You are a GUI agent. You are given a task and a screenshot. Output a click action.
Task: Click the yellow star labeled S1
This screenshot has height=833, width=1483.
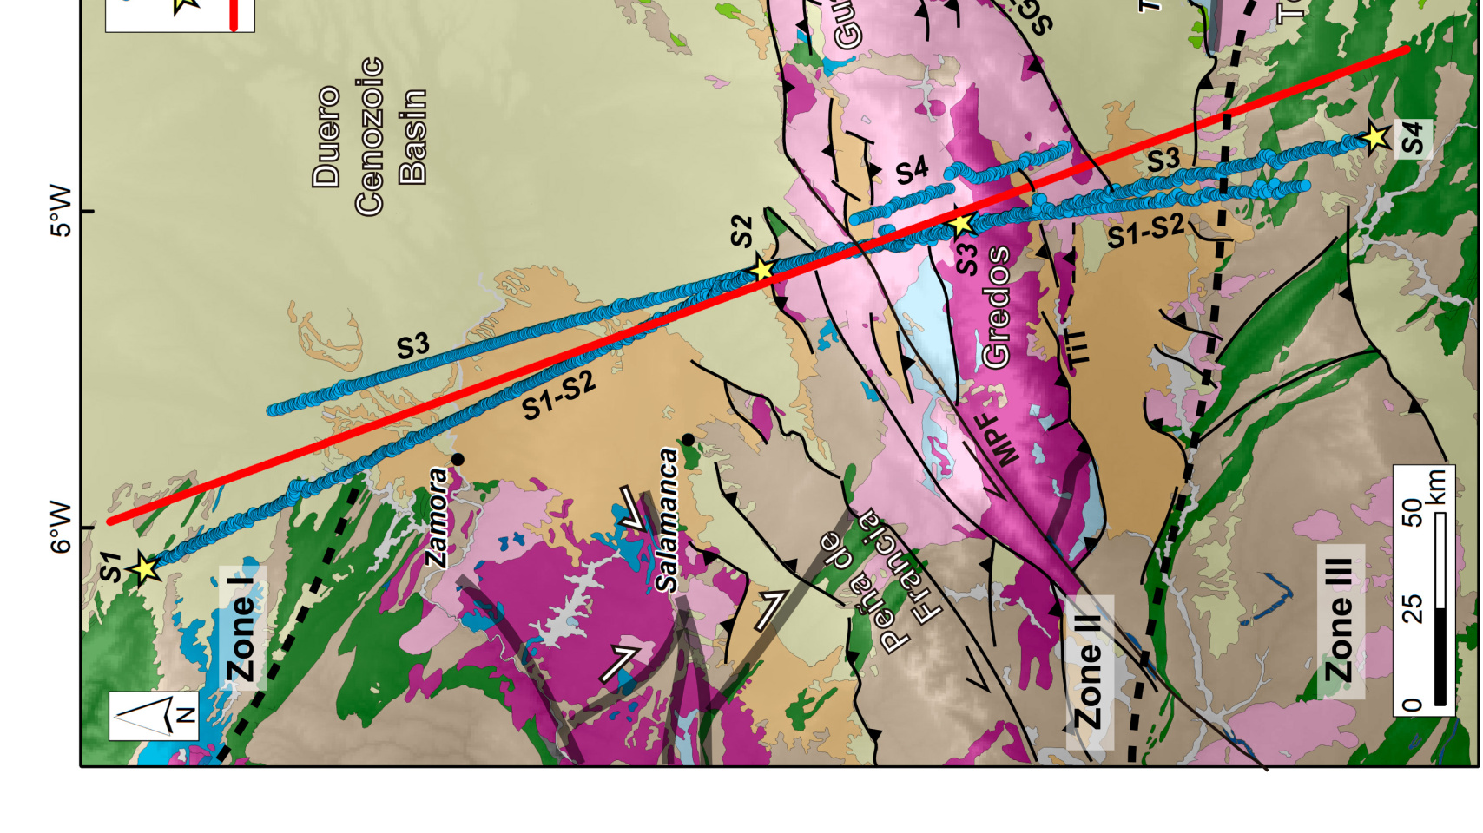click(x=145, y=569)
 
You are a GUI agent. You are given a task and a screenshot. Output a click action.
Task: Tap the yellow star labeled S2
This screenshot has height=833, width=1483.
click(x=761, y=270)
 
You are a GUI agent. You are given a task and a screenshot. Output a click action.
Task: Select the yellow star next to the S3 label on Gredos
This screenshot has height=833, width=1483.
click(x=960, y=224)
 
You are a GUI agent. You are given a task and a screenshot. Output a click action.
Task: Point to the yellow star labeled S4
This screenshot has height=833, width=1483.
click(x=1374, y=137)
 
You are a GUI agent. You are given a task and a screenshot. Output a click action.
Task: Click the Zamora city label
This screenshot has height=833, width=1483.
click(x=438, y=518)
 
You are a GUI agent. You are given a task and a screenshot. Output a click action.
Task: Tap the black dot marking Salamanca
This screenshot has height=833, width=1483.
click(x=688, y=440)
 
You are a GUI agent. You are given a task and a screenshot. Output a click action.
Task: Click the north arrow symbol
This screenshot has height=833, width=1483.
click(x=154, y=716)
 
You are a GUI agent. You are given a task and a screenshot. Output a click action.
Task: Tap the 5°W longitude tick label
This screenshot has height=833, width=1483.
click(x=60, y=210)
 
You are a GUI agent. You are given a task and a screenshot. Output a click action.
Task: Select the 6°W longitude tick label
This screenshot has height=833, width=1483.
click(x=60, y=527)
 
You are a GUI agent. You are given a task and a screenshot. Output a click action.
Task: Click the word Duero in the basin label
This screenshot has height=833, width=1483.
click(x=327, y=136)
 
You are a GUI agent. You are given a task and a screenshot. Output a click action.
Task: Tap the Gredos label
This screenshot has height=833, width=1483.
click(x=996, y=306)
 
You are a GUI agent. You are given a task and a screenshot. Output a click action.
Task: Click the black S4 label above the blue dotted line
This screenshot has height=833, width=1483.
click(x=912, y=171)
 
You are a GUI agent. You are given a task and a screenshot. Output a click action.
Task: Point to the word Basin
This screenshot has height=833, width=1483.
click(x=413, y=136)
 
